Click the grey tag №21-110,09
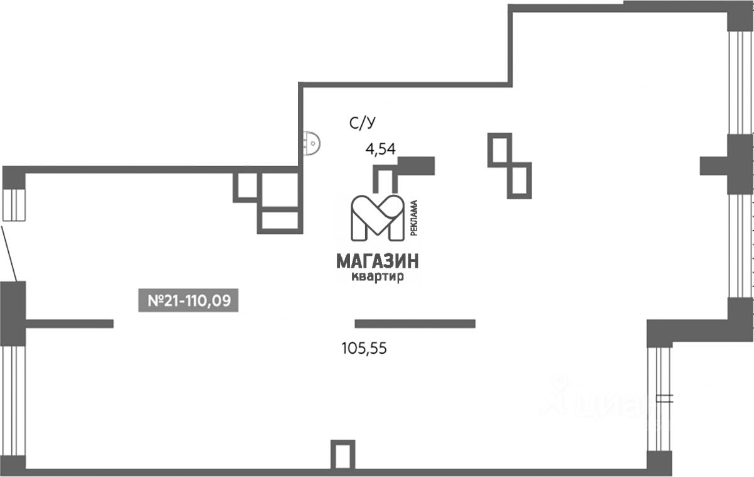(x=188, y=300)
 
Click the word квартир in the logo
(x=377, y=277)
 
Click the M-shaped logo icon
(x=377, y=217)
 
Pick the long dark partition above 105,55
(x=415, y=324)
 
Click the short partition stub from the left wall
(x=69, y=324)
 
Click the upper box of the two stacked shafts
(x=500, y=150)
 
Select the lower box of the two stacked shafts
(x=519, y=179)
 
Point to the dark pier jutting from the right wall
(x=714, y=166)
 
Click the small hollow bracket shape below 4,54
(x=384, y=178)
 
